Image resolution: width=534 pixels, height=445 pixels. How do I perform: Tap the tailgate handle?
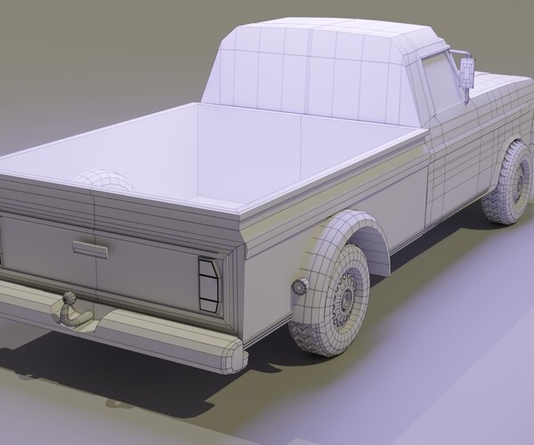coord(90,249)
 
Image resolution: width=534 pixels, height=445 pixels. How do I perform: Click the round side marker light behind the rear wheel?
coord(298,287)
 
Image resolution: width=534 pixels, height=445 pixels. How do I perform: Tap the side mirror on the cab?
coord(466,72)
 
